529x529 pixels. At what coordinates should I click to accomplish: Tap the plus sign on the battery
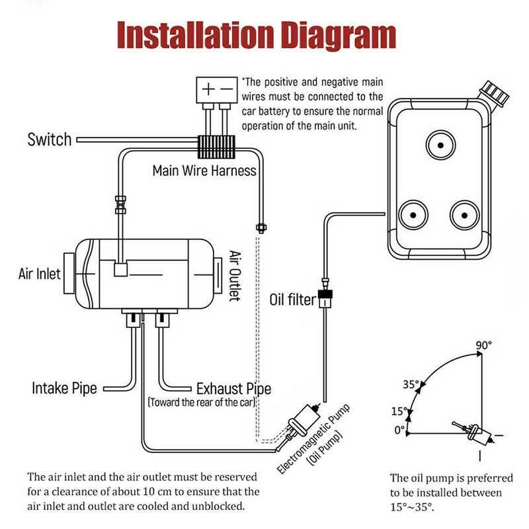208,89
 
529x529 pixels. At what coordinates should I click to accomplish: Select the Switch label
49,140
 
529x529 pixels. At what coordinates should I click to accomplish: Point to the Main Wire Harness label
204,171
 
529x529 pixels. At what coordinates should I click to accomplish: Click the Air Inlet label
39,273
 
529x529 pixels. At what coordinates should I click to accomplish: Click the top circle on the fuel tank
438,143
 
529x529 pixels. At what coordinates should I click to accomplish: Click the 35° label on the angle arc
411,384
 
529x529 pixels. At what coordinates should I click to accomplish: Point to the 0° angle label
399,429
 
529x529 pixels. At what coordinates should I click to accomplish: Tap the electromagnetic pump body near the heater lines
305,419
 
